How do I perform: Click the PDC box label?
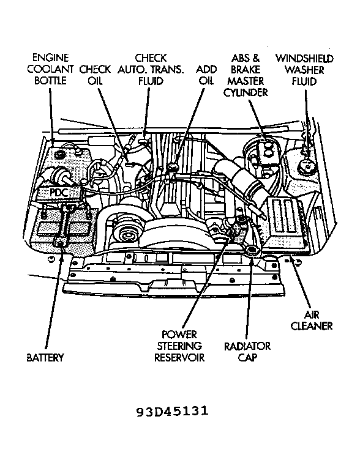[59, 193]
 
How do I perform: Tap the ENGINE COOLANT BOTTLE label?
[50, 69]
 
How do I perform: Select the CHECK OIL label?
[94, 75]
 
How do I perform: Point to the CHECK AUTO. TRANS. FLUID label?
[151, 69]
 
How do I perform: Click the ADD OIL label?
[206, 75]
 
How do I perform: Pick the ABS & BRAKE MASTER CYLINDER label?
[246, 75]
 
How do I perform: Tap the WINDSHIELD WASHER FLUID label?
[304, 69]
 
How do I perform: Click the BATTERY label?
[45, 357]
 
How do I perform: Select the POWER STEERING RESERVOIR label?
[179, 346]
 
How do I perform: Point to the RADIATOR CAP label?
[247, 352]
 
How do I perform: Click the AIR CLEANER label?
[311, 320]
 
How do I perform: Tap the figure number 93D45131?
[173, 411]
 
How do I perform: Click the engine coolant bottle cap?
[61, 154]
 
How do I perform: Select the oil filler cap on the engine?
[171, 168]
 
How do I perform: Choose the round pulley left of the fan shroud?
[128, 235]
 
